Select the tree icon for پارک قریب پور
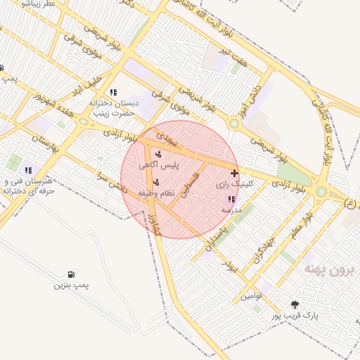(295, 304)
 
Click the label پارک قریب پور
(295, 316)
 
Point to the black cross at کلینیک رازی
(234, 172)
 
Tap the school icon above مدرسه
(232, 199)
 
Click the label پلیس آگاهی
(159, 165)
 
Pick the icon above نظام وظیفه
(156, 182)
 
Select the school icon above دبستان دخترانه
(112, 92)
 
